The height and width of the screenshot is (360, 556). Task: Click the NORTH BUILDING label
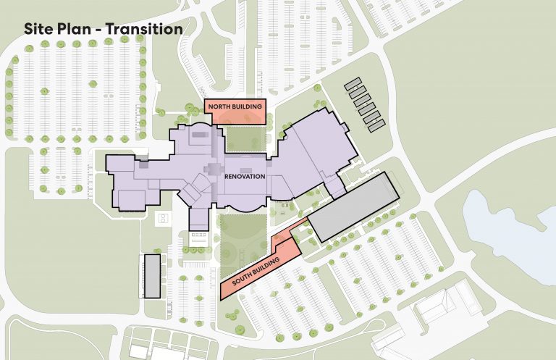click(235, 107)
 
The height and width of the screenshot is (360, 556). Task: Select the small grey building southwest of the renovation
click(152, 275)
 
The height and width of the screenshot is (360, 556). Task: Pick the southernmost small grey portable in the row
click(376, 126)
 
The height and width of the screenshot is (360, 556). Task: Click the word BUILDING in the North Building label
click(246, 107)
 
